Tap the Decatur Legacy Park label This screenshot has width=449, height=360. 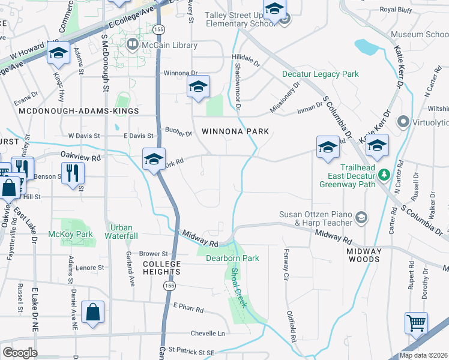click(x=321, y=74)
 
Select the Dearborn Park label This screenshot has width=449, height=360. click(x=232, y=259)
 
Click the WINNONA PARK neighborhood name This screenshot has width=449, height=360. click(x=234, y=131)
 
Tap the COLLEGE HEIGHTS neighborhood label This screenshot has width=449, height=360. click(x=161, y=268)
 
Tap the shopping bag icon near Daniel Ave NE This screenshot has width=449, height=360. click(x=92, y=312)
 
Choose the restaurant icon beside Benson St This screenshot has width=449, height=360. click(x=73, y=172)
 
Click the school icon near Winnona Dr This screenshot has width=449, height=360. click(x=198, y=87)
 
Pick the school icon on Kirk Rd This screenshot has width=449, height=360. click(x=154, y=160)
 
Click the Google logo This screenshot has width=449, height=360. click(x=20, y=353)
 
